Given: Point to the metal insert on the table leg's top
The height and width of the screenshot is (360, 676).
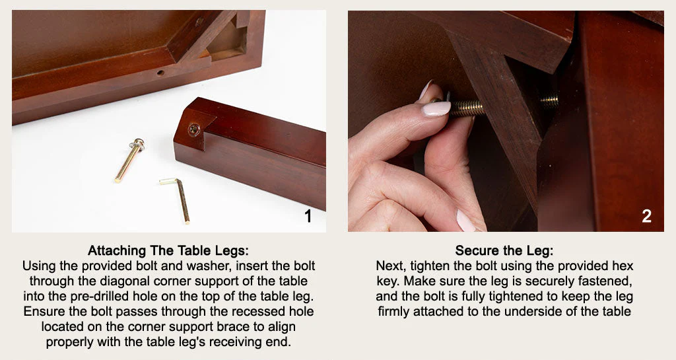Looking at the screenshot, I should tap(193, 129).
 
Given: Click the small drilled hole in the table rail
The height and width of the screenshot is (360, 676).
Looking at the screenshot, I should tap(160, 73).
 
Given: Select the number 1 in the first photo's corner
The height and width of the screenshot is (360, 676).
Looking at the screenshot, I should tap(308, 216).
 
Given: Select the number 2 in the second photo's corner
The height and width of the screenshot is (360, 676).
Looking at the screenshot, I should tap(646, 216).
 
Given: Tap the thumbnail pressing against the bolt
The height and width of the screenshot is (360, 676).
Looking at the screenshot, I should tap(436, 108).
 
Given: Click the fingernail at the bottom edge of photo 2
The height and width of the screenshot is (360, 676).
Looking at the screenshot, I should tap(465, 221).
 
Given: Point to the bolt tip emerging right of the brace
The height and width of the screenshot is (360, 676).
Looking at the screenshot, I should tap(549, 101).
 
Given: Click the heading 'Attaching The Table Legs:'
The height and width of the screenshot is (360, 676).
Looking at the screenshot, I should tap(168, 251).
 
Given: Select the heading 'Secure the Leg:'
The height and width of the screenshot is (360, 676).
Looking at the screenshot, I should tap(504, 251).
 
